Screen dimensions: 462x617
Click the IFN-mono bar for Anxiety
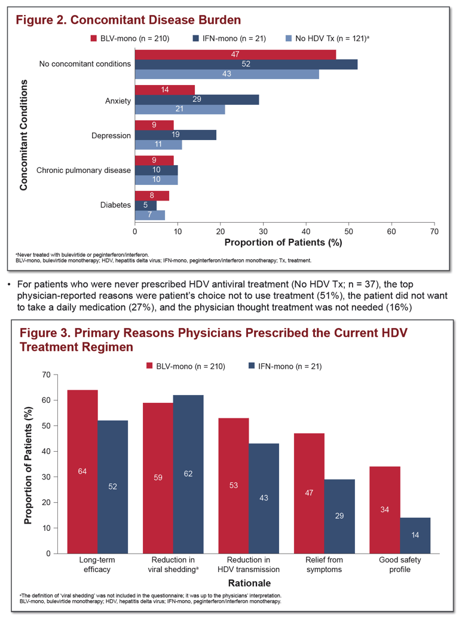point(197,99)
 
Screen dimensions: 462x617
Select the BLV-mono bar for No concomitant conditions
point(235,54)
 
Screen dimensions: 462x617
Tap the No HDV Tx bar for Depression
point(158,144)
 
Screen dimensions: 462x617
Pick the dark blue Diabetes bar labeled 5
point(146,205)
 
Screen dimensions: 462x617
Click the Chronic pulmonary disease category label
point(84,171)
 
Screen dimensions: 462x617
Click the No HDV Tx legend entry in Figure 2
point(328,38)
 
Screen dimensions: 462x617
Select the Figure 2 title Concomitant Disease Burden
point(128,20)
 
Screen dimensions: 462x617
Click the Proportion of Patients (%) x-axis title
point(283,242)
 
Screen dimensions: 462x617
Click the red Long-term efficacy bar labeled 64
point(82,472)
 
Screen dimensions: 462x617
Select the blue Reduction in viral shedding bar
point(188,474)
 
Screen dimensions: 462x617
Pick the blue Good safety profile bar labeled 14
point(415,536)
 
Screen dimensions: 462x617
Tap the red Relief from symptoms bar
point(309,494)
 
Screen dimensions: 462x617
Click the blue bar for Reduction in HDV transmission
point(264,499)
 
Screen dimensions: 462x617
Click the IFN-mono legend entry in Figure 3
point(285,366)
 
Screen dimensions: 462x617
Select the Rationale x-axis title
point(249,583)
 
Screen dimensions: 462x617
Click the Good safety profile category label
point(400,565)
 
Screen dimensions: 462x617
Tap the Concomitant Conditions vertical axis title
point(24,135)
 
